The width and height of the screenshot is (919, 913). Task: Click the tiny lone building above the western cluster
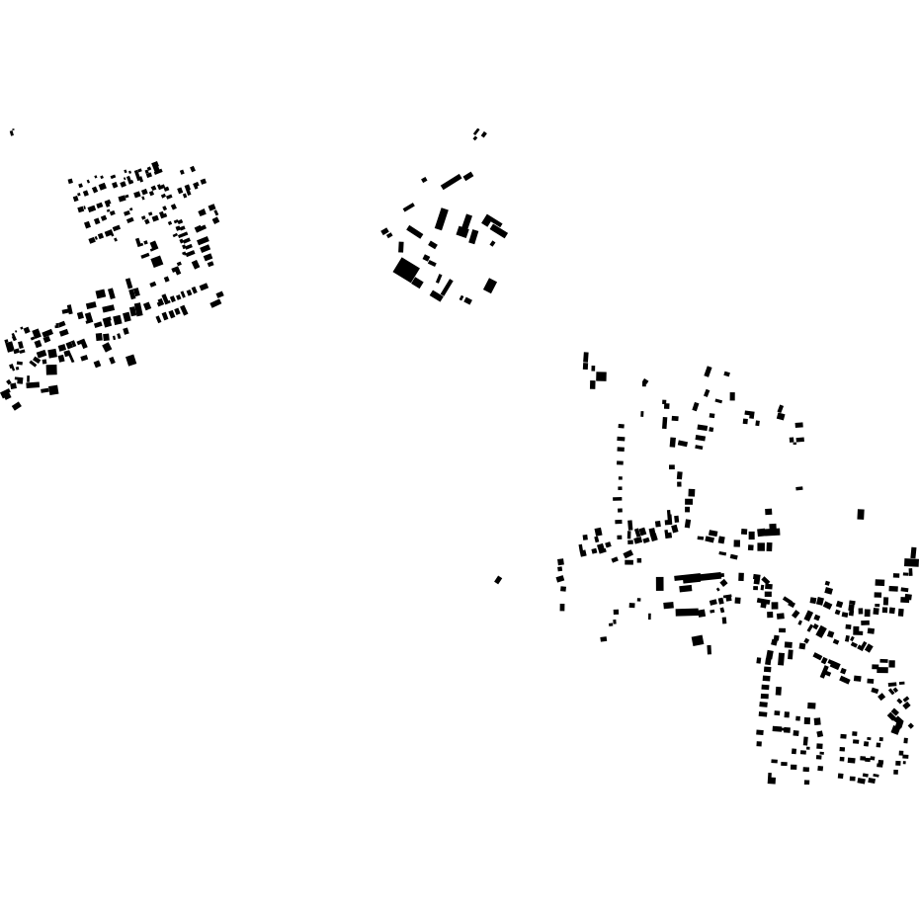click(12, 131)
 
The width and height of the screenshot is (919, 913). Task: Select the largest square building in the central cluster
click(405, 269)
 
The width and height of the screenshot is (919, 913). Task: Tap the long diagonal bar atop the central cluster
click(452, 182)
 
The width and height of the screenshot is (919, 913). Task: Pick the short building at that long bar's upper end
click(468, 176)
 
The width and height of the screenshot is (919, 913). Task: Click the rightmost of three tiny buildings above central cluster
click(484, 134)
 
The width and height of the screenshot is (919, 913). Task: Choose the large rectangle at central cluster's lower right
click(490, 286)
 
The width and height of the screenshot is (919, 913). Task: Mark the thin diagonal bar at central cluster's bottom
click(446, 288)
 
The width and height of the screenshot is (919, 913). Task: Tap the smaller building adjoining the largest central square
click(418, 283)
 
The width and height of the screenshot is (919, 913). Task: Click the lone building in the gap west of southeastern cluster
click(498, 580)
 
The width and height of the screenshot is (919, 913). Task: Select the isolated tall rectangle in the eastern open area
click(861, 514)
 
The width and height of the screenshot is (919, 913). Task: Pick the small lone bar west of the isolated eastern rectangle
click(799, 488)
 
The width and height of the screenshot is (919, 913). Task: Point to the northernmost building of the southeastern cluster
click(586, 359)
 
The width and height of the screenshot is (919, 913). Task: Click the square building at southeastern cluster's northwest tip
click(600, 376)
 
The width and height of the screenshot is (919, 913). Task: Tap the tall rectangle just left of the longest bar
click(660, 584)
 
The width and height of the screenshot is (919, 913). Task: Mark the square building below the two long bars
click(698, 640)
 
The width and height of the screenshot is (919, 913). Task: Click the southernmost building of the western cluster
click(17, 406)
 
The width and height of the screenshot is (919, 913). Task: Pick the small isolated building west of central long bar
click(425, 180)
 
